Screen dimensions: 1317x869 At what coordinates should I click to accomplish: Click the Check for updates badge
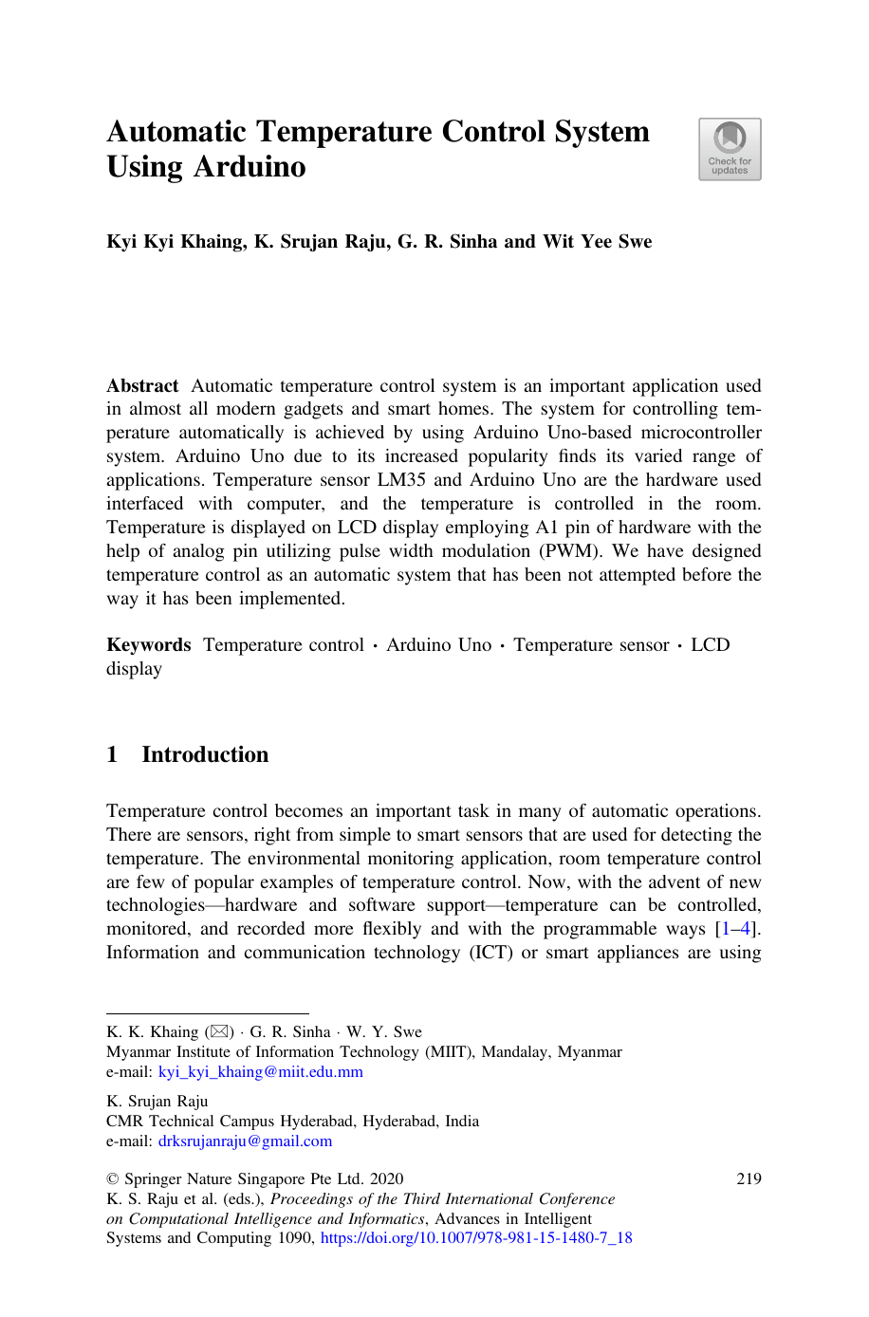pos(730,149)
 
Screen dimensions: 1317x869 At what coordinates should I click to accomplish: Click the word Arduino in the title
pos(250,167)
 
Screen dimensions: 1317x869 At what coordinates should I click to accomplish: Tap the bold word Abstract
pos(142,386)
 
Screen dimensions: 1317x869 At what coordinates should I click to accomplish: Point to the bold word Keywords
pos(149,645)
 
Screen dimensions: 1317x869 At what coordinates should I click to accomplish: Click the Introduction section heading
pos(205,755)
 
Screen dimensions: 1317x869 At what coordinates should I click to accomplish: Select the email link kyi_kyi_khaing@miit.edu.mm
pos(260,1072)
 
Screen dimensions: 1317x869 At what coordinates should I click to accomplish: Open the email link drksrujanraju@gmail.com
pos(245,1141)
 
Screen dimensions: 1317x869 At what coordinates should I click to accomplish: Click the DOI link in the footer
pos(476,1238)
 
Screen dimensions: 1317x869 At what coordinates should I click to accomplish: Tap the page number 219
pos(749,1179)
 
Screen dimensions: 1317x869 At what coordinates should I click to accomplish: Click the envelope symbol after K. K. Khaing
pos(219,1031)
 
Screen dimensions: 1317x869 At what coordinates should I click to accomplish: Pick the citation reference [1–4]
pos(736,929)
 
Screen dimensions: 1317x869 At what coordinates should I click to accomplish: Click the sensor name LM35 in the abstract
pos(402,480)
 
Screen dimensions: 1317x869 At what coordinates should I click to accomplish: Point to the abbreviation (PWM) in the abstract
pos(569,551)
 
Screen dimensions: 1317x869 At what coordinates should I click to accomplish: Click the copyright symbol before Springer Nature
pos(112,1179)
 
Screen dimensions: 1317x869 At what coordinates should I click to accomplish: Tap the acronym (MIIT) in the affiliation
pos(449,1052)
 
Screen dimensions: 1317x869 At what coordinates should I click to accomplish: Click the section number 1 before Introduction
pos(112,755)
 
